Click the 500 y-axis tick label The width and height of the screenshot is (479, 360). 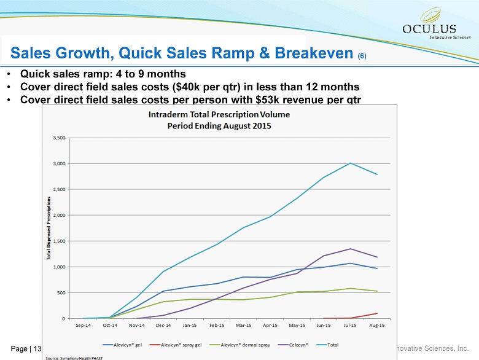click(61, 292)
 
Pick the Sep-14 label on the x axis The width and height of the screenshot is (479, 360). click(84, 326)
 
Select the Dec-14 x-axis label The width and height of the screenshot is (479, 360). click(163, 326)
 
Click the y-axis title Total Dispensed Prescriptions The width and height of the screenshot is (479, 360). click(49, 228)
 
